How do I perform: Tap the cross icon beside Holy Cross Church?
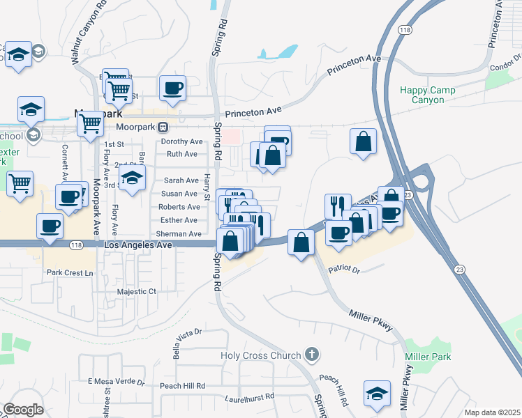tap(311, 355)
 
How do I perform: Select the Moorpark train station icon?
tap(163, 127)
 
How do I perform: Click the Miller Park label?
tap(427, 357)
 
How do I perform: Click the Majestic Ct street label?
tap(137, 291)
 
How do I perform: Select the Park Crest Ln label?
tap(70, 272)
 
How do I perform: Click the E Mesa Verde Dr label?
tap(116, 382)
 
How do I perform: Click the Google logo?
tap(23, 410)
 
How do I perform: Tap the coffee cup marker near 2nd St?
tap(172, 88)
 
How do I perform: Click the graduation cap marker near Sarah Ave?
tap(132, 178)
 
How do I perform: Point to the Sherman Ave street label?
tap(179, 234)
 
